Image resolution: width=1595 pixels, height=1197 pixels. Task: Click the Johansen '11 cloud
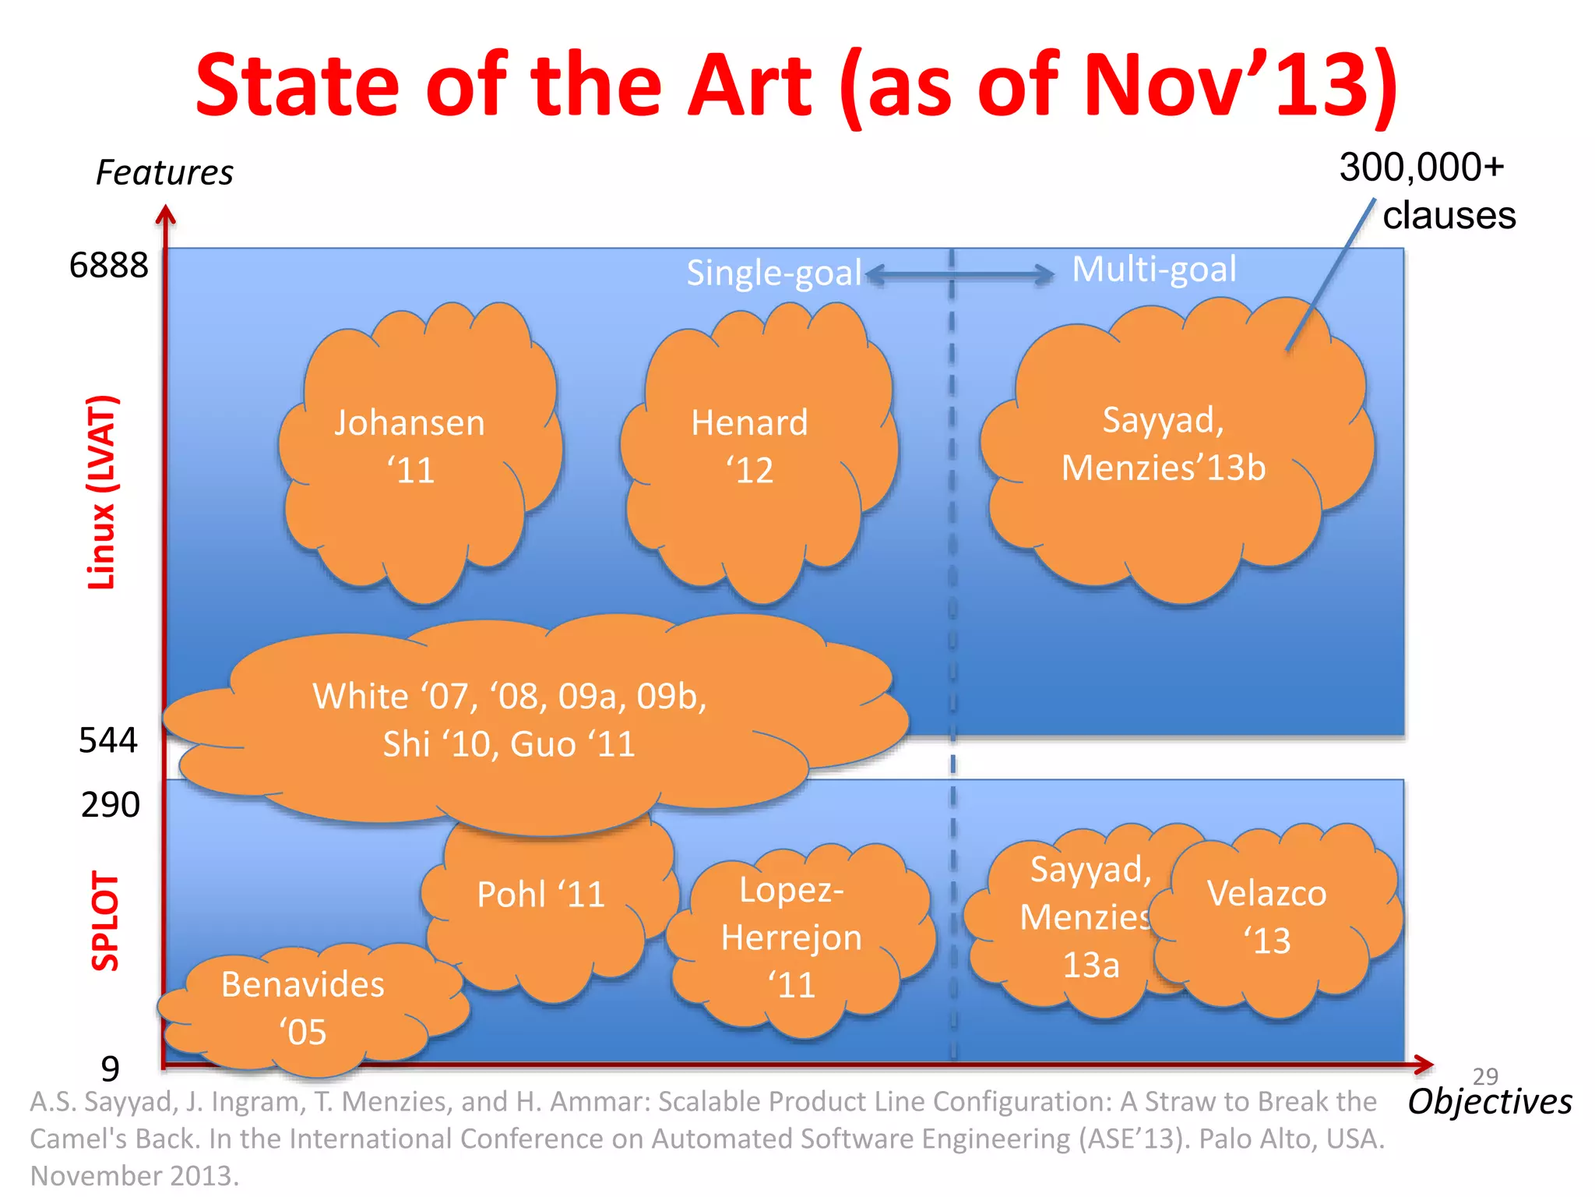click(410, 447)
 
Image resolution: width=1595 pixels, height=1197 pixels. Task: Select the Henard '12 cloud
click(749, 447)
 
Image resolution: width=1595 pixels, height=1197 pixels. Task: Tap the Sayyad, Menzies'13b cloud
click(1164, 444)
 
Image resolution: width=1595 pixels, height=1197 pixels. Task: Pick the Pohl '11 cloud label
click(541, 894)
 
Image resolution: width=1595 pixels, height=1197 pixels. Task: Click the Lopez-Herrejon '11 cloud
click(791, 937)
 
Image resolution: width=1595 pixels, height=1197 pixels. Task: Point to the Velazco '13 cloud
click(1268, 917)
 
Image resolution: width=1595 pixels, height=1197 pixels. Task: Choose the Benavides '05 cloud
click(303, 1008)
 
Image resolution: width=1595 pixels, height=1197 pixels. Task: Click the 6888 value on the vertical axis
click(109, 266)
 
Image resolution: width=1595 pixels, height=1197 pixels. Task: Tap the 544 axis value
click(108, 740)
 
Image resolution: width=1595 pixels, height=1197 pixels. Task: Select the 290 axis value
click(111, 805)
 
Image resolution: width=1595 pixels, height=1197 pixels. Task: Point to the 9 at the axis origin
click(111, 1068)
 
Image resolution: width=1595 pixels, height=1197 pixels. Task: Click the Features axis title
click(164, 173)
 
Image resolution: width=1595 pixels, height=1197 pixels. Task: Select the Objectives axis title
click(1490, 1102)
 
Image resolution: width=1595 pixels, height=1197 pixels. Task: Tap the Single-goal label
click(773, 273)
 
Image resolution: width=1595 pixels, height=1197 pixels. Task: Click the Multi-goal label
click(1154, 270)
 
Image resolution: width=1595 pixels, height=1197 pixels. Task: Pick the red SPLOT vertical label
click(106, 921)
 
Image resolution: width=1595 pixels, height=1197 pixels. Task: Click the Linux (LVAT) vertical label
click(102, 493)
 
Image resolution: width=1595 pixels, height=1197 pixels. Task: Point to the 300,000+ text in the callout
click(1421, 168)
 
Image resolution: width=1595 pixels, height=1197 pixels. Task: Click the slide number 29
click(1485, 1076)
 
